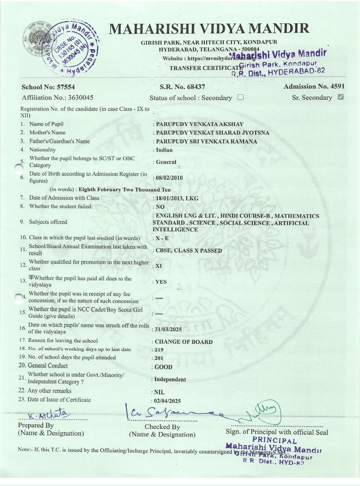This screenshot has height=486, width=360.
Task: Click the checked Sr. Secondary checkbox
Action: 341,97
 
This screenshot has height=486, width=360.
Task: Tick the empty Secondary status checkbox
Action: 240,97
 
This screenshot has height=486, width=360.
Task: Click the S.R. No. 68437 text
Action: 182,87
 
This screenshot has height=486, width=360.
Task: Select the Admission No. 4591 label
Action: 314,86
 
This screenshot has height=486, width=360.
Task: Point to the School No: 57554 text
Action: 48,87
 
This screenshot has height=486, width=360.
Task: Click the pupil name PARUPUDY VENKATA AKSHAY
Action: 199,124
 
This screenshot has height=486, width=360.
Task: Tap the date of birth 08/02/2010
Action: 169,178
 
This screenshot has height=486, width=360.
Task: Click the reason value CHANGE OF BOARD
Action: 183,342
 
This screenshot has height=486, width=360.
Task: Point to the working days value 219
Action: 159,350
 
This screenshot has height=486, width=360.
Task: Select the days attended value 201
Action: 159,358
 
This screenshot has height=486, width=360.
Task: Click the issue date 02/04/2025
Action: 167,401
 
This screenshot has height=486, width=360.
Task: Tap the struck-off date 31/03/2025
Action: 168,329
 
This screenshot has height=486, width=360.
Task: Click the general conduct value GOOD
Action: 163,367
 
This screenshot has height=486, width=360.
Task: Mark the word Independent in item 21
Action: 170,379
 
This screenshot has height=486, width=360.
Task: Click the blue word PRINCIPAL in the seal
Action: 274,440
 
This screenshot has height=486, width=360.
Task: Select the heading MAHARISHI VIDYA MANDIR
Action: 209,29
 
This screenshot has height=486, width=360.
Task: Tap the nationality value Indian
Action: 164,150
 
